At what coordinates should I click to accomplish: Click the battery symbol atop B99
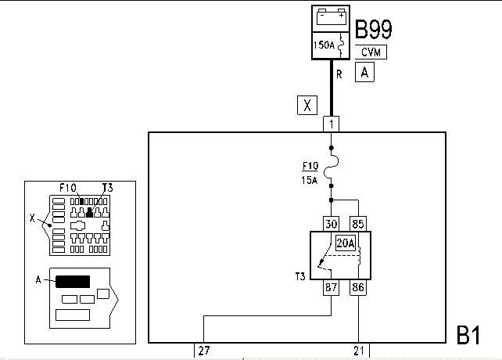click(331, 17)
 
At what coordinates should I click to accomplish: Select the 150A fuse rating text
click(324, 45)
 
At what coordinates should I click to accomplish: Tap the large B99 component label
click(373, 30)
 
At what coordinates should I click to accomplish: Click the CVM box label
click(371, 52)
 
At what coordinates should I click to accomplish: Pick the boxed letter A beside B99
click(364, 72)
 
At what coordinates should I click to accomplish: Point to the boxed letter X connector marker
click(307, 105)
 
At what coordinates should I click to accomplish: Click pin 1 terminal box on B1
click(331, 124)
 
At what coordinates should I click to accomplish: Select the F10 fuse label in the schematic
click(310, 166)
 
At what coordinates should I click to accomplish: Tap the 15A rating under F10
click(310, 181)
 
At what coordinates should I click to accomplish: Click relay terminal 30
click(331, 224)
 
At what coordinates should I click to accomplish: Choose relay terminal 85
click(358, 224)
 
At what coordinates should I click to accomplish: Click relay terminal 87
click(331, 287)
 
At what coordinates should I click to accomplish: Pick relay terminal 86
click(358, 287)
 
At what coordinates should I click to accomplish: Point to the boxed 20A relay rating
click(346, 243)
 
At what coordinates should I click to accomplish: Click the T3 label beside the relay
click(300, 276)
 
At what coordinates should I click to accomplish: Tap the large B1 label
click(468, 335)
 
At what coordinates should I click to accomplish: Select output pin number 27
click(204, 351)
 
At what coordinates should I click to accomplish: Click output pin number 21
click(359, 351)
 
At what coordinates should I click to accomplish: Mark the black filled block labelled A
click(73, 282)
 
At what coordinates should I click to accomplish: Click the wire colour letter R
click(339, 74)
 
